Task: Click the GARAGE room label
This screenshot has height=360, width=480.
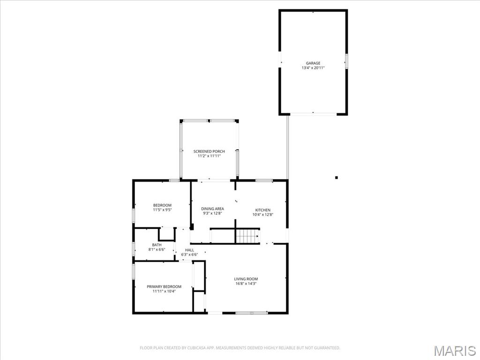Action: [x=313, y=63]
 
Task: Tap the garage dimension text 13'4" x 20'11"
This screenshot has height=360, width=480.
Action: [x=313, y=68]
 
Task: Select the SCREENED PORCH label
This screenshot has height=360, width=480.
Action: [x=209, y=151]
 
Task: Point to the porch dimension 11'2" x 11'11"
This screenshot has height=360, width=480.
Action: [x=209, y=156]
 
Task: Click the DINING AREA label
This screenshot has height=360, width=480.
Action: [x=212, y=209]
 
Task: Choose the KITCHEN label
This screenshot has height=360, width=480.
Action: [x=262, y=210]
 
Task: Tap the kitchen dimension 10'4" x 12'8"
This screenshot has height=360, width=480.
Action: [x=262, y=215]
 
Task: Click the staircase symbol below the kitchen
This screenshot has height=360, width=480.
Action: [x=247, y=236]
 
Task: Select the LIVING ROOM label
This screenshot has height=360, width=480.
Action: [x=246, y=279]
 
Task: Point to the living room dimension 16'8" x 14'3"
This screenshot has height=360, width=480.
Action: [x=246, y=284]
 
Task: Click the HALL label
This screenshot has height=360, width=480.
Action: [x=189, y=250]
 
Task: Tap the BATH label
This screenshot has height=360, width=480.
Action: [x=157, y=245]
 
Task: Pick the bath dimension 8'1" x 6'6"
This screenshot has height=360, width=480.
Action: [x=157, y=249]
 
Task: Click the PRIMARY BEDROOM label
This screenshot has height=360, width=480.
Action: [x=164, y=286]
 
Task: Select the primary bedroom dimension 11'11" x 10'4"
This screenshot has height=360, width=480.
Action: [x=164, y=291]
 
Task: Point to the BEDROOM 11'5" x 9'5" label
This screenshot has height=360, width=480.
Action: [x=162, y=208]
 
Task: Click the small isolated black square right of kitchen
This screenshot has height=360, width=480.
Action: [x=336, y=177]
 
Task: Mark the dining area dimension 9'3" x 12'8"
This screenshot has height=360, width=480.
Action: [x=212, y=213]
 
